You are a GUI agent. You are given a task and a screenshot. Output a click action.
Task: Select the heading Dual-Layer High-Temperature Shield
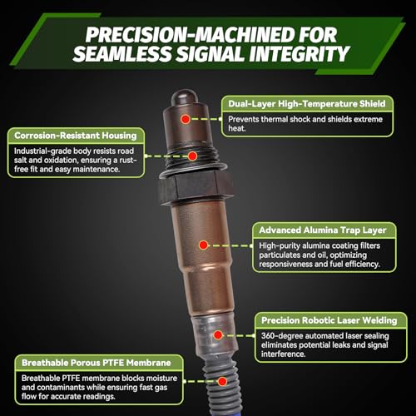click(x=307, y=104)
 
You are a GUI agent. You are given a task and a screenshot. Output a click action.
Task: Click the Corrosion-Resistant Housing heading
click(x=76, y=136)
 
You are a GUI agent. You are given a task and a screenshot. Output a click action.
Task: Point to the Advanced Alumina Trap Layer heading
click(x=323, y=230)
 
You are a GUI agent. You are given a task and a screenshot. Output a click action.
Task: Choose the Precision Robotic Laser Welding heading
click(x=329, y=320)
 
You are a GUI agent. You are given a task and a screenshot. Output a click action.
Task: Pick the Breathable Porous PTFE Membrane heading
click(x=97, y=363)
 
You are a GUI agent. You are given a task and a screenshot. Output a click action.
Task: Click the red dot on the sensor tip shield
click(x=186, y=119)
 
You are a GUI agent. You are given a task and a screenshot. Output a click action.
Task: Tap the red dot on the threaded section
click(x=192, y=156)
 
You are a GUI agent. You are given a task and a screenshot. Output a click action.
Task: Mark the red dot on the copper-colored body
click(x=204, y=245)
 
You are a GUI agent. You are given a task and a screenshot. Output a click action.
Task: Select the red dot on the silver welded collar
click(x=218, y=335)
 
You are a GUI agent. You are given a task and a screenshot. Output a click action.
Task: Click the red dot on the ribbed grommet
click(x=222, y=382)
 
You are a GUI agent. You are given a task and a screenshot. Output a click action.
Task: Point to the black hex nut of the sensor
click(x=196, y=187)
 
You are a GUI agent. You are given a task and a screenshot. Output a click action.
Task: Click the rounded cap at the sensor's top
click(x=185, y=97)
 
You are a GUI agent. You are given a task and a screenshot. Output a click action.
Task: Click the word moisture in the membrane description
click(x=161, y=379)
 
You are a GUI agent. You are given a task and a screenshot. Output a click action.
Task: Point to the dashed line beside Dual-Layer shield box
click(x=206, y=119)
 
